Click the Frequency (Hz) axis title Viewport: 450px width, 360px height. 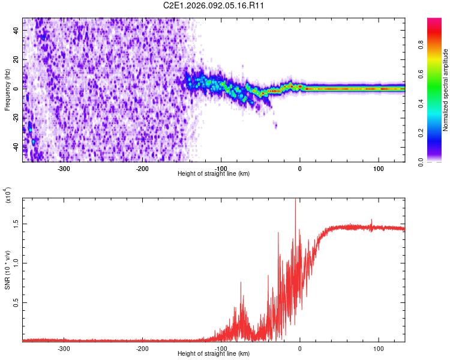pyautogui.click(x=7, y=89)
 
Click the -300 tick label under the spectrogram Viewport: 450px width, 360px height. pyautogui.click(x=64, y=169)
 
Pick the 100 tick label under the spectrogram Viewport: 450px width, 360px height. pyautogui.click(x=379, y=169)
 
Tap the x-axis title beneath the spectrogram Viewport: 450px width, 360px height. pyautogui.click(x=214, y=174)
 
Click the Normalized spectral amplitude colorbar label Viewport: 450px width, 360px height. pyautogui.click(x=446, y=89)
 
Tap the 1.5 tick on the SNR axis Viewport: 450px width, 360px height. pyautogui.click(x=16, y=223)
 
